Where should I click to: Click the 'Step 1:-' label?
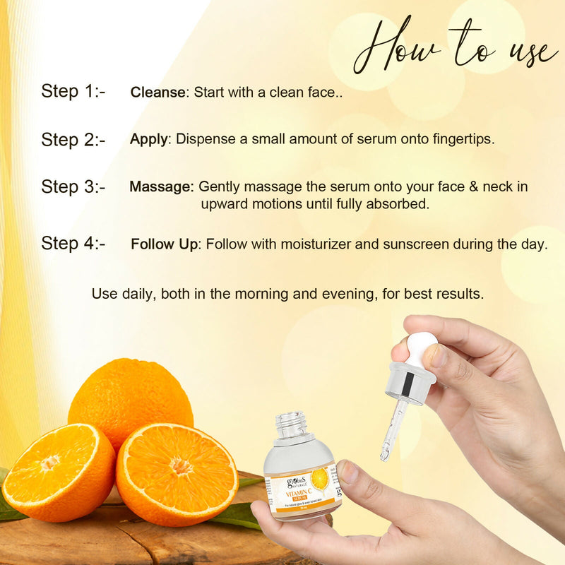[73, 91]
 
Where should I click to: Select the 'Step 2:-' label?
[73, 139]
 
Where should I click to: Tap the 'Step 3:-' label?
[73, 186]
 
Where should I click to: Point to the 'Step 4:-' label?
[73, 244]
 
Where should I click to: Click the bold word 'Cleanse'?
[157, 92]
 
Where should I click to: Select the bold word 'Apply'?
[148, 139]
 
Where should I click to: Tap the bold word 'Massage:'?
[161, 187]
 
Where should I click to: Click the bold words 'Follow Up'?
[164, 244]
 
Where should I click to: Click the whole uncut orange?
[131, 399]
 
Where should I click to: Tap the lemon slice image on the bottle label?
[319, 480]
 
